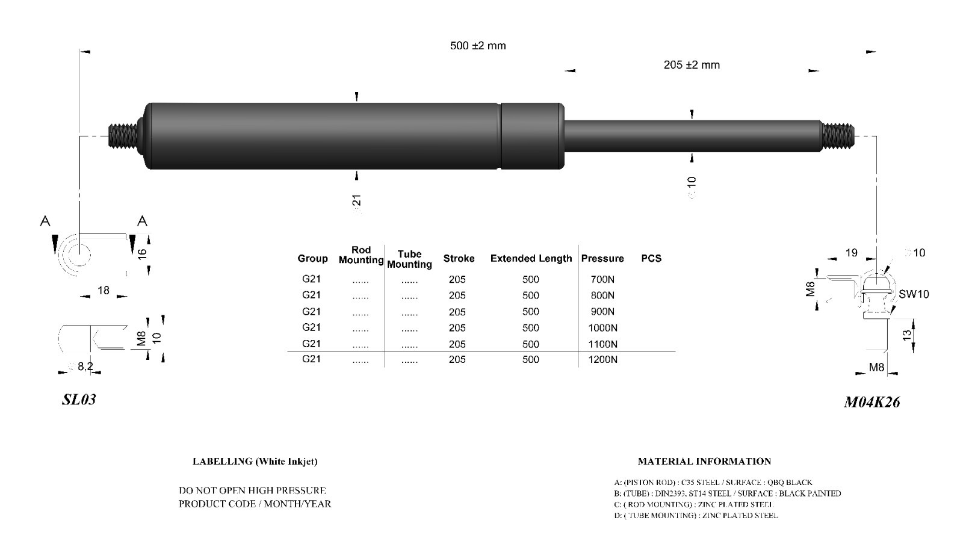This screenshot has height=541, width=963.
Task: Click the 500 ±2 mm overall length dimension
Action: (x=478, y=46)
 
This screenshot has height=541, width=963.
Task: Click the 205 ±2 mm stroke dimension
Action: (x=692, y=65)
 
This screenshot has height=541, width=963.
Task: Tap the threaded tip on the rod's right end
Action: (x=838, y=136)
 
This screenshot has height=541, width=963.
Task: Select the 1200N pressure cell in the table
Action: (x=602, y=359)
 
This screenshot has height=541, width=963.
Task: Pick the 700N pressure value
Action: (x=602, y=279)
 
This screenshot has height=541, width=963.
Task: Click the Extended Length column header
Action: (x=531, y=258)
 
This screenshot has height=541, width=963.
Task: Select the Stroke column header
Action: (x=459, y=258)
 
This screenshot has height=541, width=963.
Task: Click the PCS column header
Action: (x=651, y=258)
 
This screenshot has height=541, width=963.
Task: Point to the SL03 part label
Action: (x=79, y=400)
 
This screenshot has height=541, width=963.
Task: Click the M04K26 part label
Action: (x=872, y=403)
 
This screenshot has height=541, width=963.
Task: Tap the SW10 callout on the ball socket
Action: (x=914, y=294)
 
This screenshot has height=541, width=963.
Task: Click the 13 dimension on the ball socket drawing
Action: (x=906, y=336)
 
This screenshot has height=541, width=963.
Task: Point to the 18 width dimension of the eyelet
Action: (x=104, y=291)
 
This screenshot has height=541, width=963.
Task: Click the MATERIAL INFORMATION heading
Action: (x=704, y=462)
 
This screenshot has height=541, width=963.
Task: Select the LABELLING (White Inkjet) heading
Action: (x=255, y=462)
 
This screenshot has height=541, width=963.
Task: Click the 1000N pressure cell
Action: (x=602, y=328)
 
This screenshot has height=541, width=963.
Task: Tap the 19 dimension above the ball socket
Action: (x=851, y=253)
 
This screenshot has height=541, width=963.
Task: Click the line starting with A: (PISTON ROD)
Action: (x=713, y=483)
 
